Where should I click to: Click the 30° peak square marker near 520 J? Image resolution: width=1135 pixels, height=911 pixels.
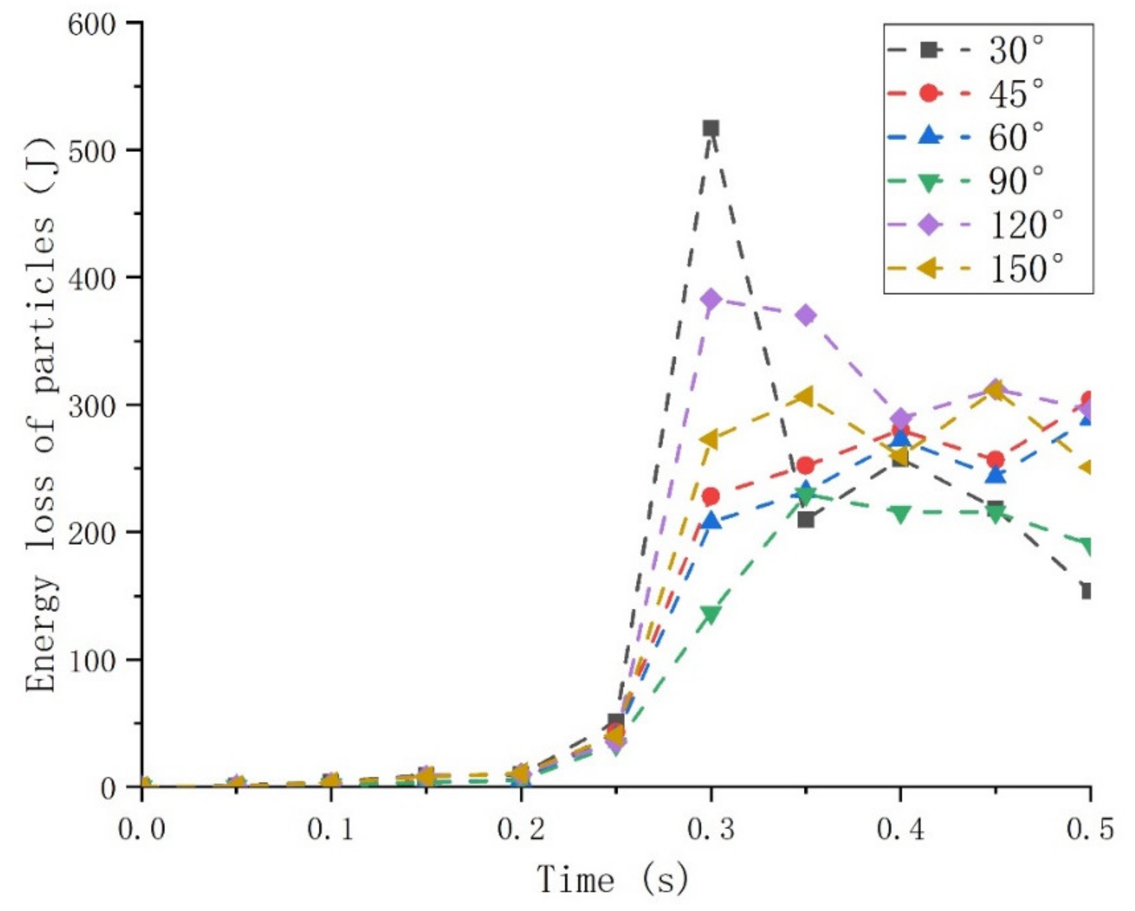point(711,128)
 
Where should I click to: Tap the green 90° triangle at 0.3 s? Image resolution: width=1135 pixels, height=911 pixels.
point(711,614)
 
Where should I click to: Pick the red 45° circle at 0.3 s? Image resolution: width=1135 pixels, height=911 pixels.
point(711,496)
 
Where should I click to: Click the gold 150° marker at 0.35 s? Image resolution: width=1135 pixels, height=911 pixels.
point(804,397)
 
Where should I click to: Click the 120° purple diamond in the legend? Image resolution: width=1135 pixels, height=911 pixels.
point(930,225)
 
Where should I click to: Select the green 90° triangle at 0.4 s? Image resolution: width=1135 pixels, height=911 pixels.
point(900,514)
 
